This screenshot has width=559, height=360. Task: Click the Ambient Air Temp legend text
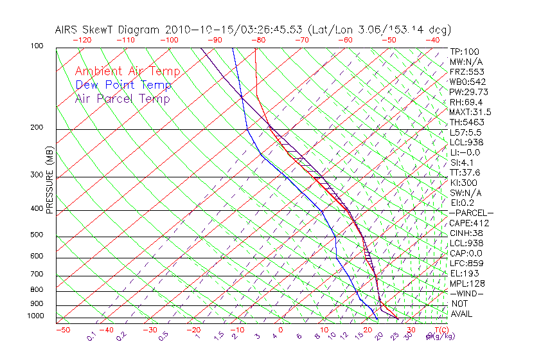[x=127, y=71]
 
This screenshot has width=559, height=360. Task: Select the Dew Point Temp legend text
[x=123, y=85]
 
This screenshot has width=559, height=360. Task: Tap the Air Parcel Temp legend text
[x=122, y=99]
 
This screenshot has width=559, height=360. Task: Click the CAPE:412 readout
[x=469, y=223]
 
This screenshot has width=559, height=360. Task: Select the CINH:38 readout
[x=466, y=233]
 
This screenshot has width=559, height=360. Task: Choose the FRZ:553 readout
[x=466, y=72]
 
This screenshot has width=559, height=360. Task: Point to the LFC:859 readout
[x=466, y=264]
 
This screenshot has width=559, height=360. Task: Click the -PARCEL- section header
[x=471, y=213]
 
